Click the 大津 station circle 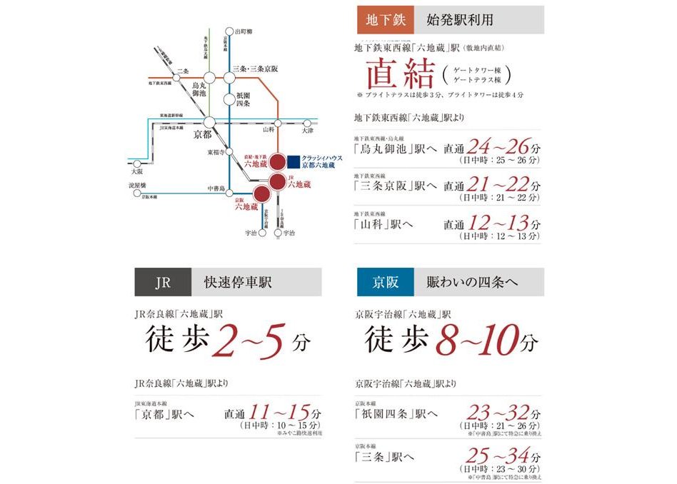pos(308,123)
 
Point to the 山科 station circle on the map pos(279,123)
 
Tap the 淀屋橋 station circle pos(136,193)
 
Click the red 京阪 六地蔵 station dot pos(261,192)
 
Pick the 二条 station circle pos(175,78)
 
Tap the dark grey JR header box pos(163,282)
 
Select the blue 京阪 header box pos(386,282)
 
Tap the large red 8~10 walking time pos(481,340)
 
